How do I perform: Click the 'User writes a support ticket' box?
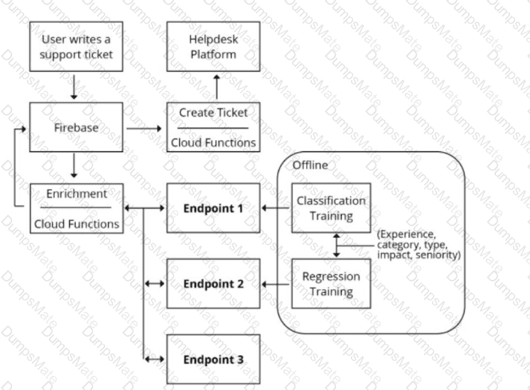77,47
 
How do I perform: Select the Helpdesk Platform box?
213,47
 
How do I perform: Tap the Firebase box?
77,129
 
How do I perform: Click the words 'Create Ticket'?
213,113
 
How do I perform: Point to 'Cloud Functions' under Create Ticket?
213,143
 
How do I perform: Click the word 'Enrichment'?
77,193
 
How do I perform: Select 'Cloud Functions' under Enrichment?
77,223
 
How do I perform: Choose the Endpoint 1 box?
213,208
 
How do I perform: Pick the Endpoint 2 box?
213,283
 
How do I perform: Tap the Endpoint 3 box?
213,359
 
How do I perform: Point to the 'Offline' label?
310,165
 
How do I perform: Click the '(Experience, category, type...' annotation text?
419,244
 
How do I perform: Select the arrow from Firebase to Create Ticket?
144,129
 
